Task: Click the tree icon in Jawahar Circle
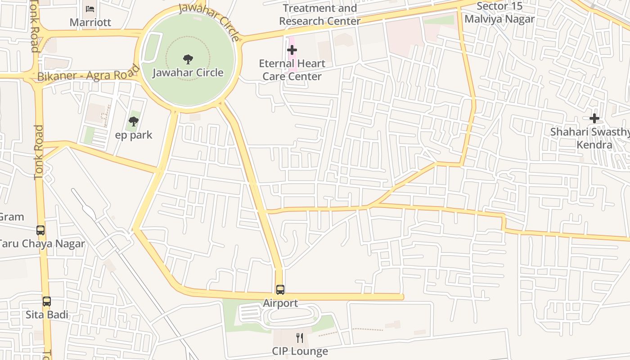[188, 59]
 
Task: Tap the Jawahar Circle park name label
[188, 72]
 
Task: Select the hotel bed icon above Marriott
[90, 9]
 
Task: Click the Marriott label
[90, 22]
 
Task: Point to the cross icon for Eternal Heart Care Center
[292, 50]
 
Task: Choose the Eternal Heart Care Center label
[292, 70]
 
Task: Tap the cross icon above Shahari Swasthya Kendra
[594, 118]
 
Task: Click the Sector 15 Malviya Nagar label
[499, 13]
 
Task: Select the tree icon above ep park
[134, 121]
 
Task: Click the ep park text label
[134, 135]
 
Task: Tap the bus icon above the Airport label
[280, 290]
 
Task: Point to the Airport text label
[280, 303]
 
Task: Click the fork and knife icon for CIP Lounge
[300, 337]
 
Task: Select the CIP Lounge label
[300, 351]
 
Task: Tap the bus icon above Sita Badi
[47, 301]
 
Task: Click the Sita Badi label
[47, 315]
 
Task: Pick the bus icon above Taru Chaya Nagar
[40, 230]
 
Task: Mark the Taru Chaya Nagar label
[41, 244]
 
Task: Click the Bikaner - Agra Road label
[88, 74]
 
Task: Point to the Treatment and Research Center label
[319, 14]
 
